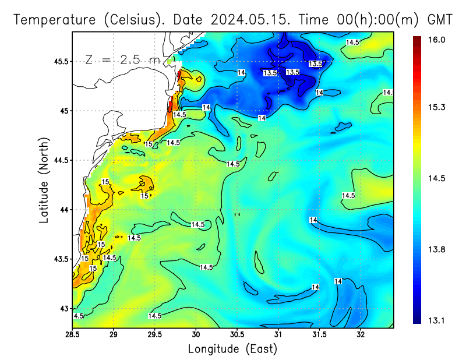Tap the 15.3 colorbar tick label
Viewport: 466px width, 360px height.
point(437,108)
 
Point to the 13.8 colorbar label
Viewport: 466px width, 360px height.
point(437,249)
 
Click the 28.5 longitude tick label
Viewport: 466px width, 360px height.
point(72,335)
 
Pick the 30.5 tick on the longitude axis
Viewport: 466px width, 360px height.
point(237,335)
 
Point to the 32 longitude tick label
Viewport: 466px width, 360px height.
point(361,335)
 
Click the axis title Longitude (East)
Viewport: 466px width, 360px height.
point(232,349)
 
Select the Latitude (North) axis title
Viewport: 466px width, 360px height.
point(44,180)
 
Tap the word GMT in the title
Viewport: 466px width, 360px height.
point(440,19)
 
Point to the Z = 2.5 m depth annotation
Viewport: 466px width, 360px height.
point(123,59)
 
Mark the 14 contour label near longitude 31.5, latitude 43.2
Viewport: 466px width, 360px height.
point(315,287)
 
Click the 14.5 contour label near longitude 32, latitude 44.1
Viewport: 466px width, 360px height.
point(348,196)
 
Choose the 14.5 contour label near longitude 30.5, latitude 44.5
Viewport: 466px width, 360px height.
point(233,164)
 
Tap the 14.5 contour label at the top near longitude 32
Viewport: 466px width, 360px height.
point(352,43)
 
